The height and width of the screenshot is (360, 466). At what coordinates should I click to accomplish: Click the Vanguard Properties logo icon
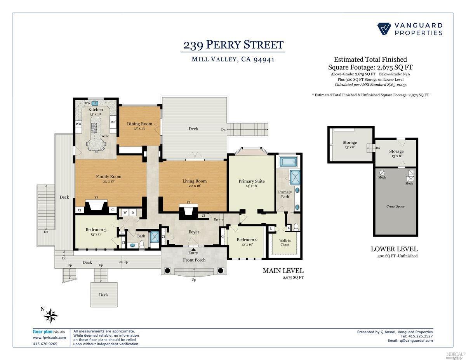pos(384,29)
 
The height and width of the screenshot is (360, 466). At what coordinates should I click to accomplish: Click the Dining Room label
pos(139,124)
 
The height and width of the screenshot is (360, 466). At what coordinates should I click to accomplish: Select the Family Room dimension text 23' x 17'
pos(109,181)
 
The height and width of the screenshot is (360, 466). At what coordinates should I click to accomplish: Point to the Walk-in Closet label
pos(285,243)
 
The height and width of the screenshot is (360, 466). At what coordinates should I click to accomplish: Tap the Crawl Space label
pos(395,206)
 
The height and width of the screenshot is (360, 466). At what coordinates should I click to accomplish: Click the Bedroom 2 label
pos(247,240)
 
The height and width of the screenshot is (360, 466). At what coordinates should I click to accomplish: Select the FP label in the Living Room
pos(188,202)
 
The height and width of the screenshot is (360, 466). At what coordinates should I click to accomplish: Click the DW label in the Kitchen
pos(87,103)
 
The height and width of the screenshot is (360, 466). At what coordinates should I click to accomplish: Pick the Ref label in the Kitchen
pos(113,122)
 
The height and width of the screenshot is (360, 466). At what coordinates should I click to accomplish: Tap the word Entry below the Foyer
pos(193,253)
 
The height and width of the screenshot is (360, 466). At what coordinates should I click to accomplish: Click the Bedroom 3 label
pos(96,230)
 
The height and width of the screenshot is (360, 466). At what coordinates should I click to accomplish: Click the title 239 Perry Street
pos(233,45)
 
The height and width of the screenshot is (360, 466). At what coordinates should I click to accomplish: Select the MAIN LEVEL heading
pos(283,271)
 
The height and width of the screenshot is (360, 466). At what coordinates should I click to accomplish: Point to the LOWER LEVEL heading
pos(394,249)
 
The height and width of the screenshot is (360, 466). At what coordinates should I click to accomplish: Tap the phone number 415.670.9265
pos(45,344)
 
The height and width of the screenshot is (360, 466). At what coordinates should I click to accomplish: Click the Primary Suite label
pos(252,181)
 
